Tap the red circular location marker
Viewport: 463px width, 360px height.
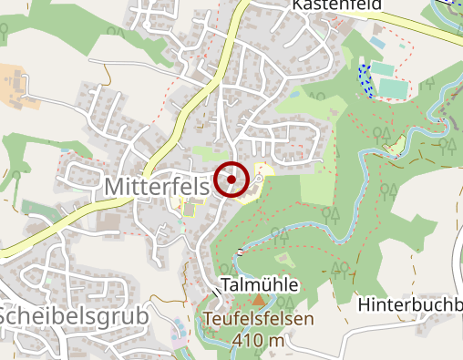click(x=232, y=180)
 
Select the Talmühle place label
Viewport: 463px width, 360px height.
click(x=260, y=285)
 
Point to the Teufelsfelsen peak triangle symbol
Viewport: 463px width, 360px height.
click(x=258, y=300)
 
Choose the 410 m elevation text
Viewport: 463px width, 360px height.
click(x=258, y=341)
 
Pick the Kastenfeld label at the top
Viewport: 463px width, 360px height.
click(x=336, y=5)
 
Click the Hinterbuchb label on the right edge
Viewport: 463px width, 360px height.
click(x=410, y=303)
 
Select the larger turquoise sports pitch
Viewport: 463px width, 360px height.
click(x=394, y=87)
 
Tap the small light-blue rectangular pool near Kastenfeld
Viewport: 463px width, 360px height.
click(x=377, y=44)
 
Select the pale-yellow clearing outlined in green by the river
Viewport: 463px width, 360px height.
click(x=396, y=143)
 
